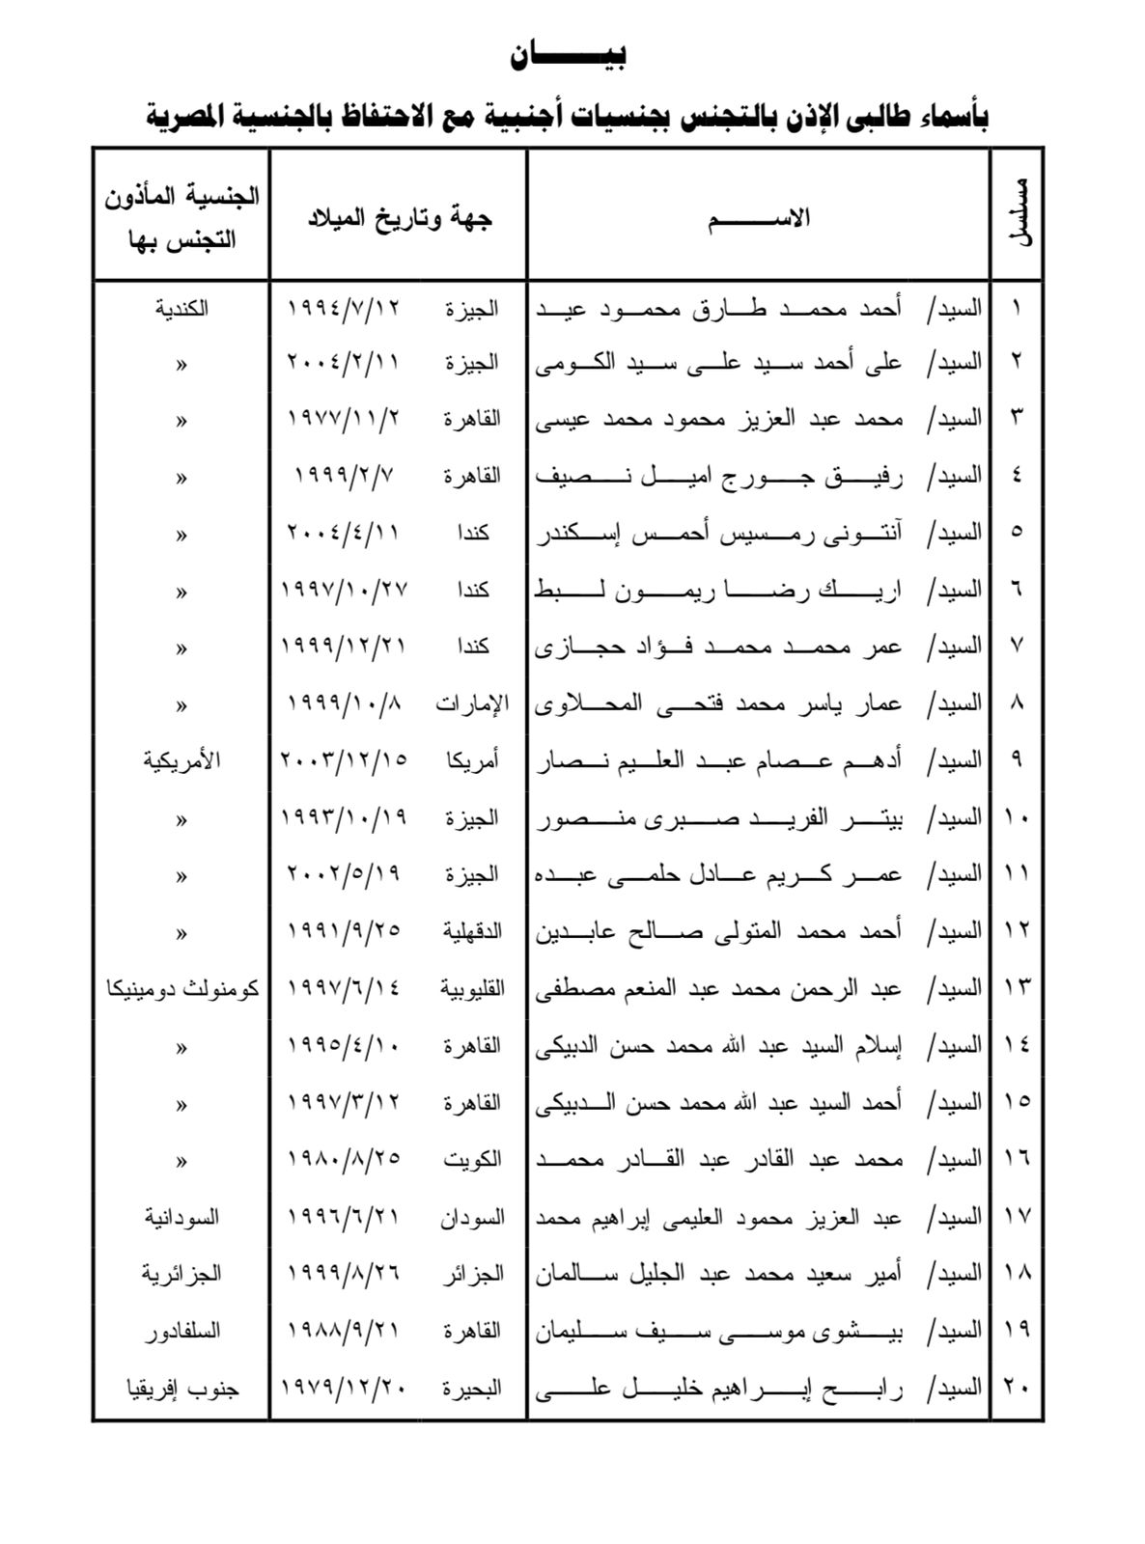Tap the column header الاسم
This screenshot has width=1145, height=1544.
[759, 218]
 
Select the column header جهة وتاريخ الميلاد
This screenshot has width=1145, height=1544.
[399, 218]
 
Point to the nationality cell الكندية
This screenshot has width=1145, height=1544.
[182, 310]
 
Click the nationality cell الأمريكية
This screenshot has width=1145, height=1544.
[182, 760]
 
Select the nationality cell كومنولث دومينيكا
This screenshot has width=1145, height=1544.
[182, 989]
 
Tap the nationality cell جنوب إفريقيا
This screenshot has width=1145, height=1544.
[182, 1389]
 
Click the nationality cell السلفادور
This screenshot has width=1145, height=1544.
[182, 1331]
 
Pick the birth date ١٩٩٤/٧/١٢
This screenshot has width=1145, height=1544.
[344, 309]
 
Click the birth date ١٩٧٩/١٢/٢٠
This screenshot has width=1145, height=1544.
[344, 1389]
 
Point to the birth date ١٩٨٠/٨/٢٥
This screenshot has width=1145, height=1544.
[344, 1159]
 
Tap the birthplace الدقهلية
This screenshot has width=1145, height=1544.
[472, 931]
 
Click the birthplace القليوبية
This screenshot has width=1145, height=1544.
[472, 988]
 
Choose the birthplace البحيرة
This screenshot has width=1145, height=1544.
[472, 1389]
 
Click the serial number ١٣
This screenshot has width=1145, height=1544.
[1018, 988]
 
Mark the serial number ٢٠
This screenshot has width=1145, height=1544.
[1018, 1389]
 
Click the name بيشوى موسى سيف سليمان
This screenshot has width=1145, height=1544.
[719, 1331]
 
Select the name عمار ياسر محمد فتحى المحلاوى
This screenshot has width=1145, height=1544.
[719, 703]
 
